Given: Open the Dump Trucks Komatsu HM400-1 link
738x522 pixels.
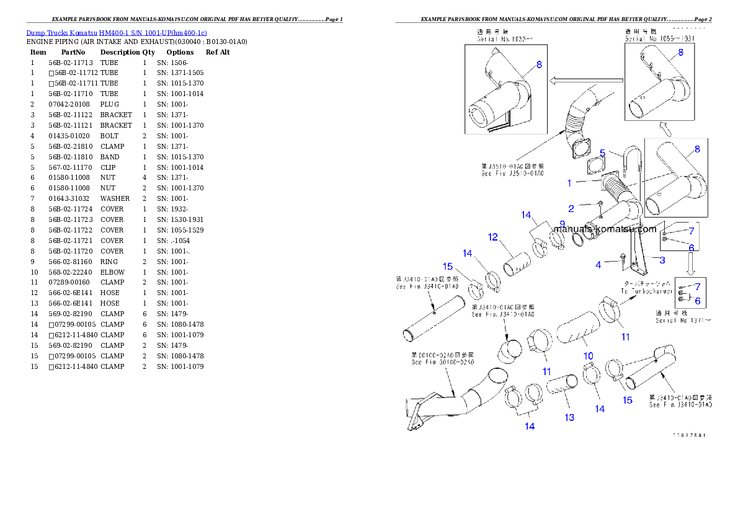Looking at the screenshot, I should pos(116,32).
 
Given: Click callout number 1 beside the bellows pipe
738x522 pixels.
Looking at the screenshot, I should pos(569,183).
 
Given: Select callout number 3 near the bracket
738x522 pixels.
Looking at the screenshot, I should pos(662,260).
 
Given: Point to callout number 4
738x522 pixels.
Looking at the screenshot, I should pos(598,265).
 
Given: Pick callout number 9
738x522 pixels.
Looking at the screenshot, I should pos(562,224).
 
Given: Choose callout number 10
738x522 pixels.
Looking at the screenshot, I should pos(588,356).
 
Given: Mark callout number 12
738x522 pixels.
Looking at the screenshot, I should pos(492,237).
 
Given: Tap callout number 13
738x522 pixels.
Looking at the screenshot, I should pos(569,417).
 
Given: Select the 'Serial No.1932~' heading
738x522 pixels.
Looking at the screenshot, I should pos(501,38).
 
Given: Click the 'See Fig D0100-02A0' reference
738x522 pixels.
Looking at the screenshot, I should pos(442,362).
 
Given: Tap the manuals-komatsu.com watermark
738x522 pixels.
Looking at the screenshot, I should pos(605,229).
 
